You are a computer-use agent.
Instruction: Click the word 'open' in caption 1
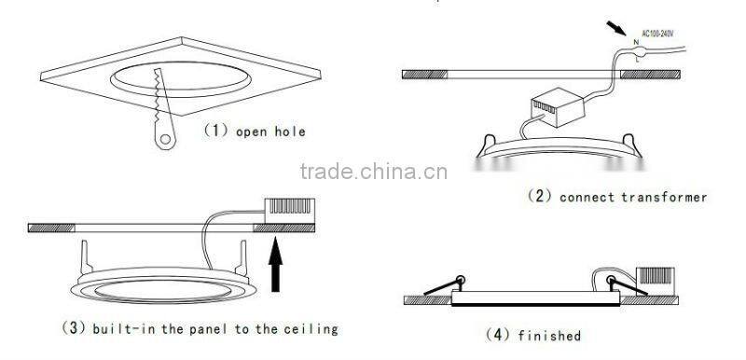[251, 132]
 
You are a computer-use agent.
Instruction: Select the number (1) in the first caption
[215, 132]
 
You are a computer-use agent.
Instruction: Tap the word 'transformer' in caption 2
[665, 198]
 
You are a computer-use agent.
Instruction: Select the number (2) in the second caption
[541, 198]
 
